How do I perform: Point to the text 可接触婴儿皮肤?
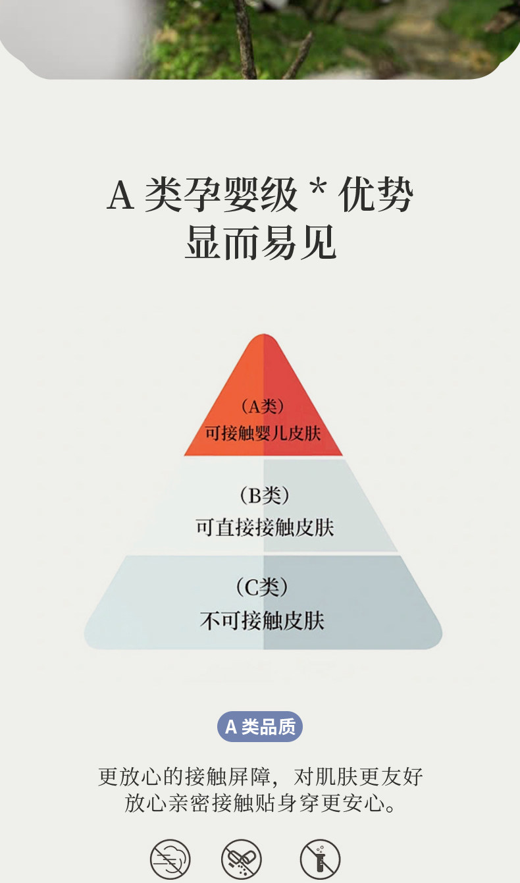point(263,434)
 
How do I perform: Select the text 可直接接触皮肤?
point(265,527)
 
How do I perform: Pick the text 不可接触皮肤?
point(262,620)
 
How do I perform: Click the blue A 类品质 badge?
point(260,727)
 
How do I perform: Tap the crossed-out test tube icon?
point(320,859)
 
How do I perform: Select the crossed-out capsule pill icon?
point(241,859)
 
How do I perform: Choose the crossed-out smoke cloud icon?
point(170,859)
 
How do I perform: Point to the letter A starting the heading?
point(120,195)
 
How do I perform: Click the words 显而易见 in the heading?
point(261,243)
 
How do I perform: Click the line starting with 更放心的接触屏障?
point(260,776)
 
